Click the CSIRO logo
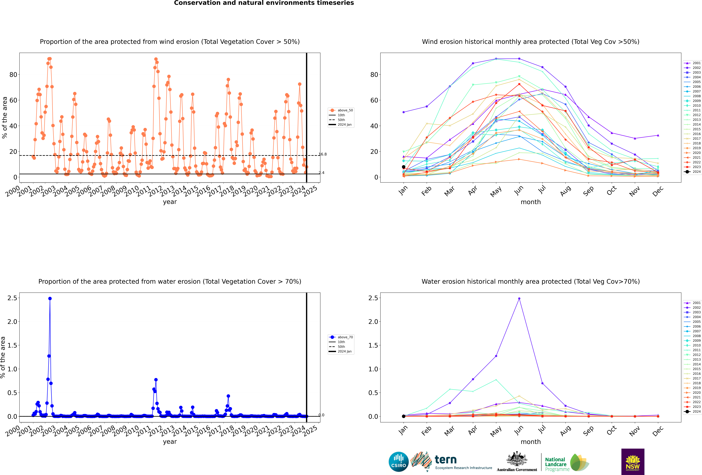[398, 462]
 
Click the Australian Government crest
[517, 459]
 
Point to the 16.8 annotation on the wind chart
[323, 154]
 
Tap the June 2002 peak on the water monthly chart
[519, 298]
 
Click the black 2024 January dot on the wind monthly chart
[404, 167]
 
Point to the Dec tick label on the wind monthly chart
[658, 191]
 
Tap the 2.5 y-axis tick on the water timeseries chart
[12, 298]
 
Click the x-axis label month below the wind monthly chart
[531, 202]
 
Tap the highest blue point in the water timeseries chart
[50, 298]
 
